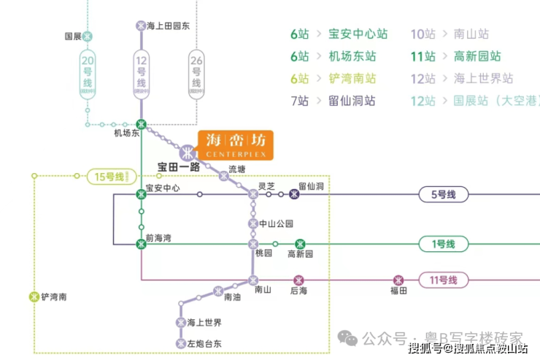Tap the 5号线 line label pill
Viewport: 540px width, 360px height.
click(x=441, y=194)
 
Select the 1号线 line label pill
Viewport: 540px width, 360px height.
click(x=441, y=244)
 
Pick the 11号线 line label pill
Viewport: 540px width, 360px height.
click(x=441, y=280)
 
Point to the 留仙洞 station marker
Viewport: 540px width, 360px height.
click(x=294, y=194)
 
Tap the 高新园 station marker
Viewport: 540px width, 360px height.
click(x=299, y=244)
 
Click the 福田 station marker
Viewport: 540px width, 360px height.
click(x=398, y=280)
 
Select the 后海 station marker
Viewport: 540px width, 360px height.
click(x=298, y=280)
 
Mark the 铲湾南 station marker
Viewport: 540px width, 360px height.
click(x=33, y=296)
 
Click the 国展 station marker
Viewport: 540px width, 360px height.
click(x=88, y=36)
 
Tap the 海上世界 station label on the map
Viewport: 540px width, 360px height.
click(x=204, y=322)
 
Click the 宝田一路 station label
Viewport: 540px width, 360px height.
click(x=179, y=166)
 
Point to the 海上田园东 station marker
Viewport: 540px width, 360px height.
click(x=141, y=26)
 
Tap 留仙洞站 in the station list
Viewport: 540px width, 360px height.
click(x=352, y=101)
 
